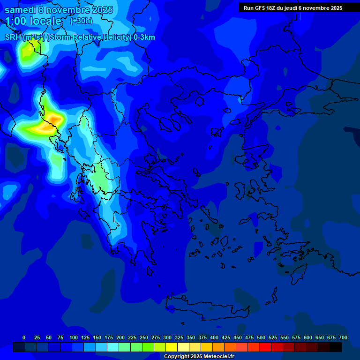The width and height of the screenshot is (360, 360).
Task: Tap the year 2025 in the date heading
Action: [99, 10]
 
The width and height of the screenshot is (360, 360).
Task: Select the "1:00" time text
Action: [16, 21]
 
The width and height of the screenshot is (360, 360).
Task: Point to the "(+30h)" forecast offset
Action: [81, 21]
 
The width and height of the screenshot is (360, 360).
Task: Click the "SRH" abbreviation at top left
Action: [13, 37]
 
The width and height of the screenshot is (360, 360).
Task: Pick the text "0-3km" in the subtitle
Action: [144, 37]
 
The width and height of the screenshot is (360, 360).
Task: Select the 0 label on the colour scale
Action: [24, 337]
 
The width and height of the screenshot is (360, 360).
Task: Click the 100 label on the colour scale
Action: [74, 337]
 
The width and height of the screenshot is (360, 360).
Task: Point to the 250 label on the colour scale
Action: [144, 337]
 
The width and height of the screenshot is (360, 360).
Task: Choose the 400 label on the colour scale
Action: [214, 337]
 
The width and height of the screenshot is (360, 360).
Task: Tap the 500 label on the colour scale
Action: [261, 337]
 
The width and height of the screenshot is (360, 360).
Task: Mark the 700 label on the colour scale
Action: [343, 337]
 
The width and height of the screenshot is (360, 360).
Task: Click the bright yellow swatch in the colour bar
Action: [172, 347]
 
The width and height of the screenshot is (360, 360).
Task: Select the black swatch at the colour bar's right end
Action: [336, 347]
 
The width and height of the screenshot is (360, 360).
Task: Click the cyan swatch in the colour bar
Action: [113, 347]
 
